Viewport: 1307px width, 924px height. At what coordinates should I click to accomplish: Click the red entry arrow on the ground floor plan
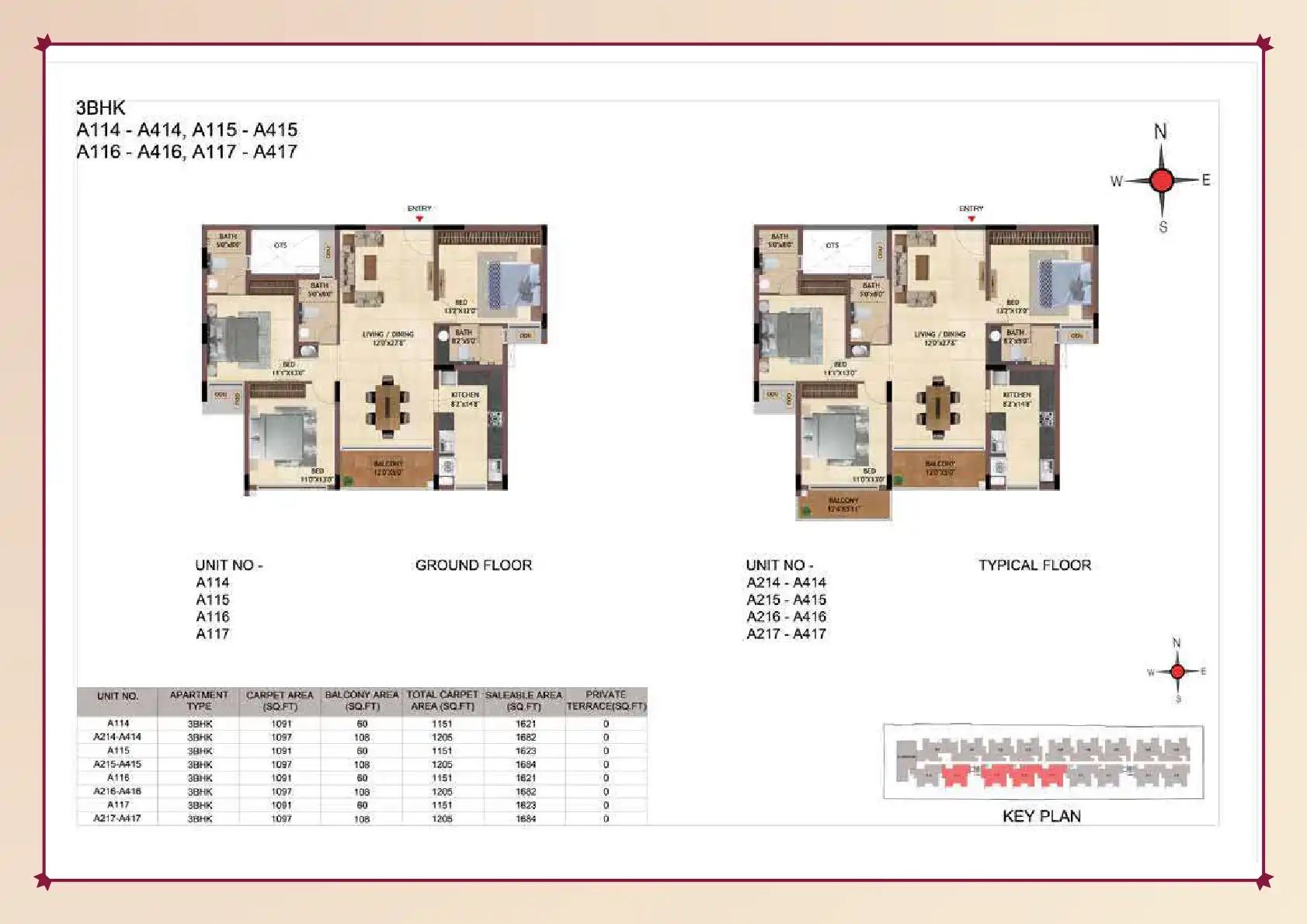pos(419,218)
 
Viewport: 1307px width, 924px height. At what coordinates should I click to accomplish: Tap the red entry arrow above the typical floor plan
pos(971,218)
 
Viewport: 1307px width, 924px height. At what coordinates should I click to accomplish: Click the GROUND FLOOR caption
pos(474,565)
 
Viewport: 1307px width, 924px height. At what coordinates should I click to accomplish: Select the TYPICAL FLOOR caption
pos(1034,565)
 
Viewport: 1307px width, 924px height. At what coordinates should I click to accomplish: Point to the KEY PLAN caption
pos(1041,816)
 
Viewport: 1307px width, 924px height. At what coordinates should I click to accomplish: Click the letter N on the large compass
pos(1160,131)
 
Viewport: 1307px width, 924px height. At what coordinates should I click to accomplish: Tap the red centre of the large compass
pos(1162,180)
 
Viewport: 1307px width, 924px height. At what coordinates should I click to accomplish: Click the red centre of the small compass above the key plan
pos(1177,672)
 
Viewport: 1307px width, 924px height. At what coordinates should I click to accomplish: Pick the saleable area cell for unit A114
pos(526,724)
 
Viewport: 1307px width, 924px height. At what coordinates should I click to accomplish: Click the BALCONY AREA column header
pos(362,700)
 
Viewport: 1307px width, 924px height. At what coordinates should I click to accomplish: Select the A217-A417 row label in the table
pos(117,818)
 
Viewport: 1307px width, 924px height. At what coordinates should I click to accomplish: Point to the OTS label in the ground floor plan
pos(280,245)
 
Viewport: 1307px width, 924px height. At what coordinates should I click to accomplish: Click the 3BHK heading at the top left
pos(100,108)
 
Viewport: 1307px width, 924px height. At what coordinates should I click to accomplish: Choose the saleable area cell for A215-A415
pos(526,765)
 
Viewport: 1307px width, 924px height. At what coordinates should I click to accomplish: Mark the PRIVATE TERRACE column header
pos(606,700)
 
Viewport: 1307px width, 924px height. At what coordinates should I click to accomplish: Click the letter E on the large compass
pos(1206,180)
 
